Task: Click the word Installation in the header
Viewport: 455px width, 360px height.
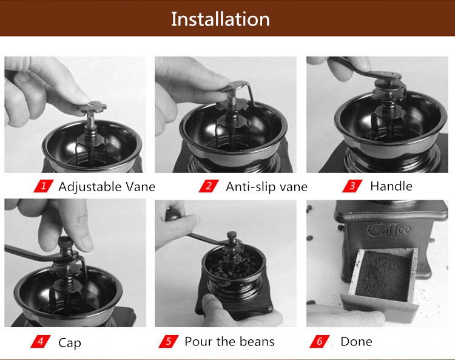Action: (x=220, y=19)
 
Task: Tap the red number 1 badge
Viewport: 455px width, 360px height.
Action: (x=42, y=186)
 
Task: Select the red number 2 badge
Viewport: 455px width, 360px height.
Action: (x=208, y=186)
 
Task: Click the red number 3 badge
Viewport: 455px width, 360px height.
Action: (x=352, y=186)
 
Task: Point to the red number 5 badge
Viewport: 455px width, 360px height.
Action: (x=168, y=341)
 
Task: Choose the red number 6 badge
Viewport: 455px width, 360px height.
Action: (x=320, y=341)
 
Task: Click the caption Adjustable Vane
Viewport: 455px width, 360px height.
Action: (x=107, y=186)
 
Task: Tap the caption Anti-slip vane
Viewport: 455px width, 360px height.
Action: (x=266, y=186)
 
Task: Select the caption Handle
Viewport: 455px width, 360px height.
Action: (x=391, y=186)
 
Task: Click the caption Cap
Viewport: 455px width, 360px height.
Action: (x=70, y=342)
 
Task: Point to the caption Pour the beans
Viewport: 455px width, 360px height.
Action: (x=229, y=342)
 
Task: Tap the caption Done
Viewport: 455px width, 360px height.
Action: (x=356, y=341)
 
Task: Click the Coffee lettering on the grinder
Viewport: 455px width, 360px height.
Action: (x=389, y=230)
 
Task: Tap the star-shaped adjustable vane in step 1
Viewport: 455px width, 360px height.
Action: (x=90, y=108)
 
